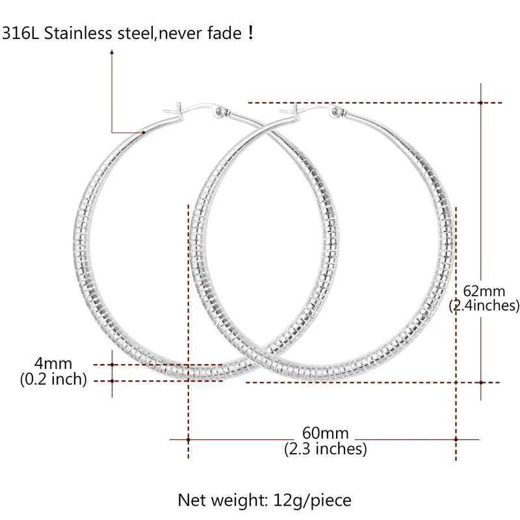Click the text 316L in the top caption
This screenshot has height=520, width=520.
point(20,33)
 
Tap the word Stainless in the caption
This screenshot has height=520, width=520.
point(78,33)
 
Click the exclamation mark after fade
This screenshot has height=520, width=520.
point(250,32)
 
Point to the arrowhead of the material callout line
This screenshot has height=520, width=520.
point(112,52)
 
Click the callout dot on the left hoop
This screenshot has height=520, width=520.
point(143,133)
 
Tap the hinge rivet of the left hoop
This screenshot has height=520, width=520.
point(219,111)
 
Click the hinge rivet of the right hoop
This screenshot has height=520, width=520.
point(335,111)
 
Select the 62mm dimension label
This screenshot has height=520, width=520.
point(484,291)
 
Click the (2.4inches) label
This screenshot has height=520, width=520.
point(484,305)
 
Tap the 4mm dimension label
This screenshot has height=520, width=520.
point(53,363)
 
